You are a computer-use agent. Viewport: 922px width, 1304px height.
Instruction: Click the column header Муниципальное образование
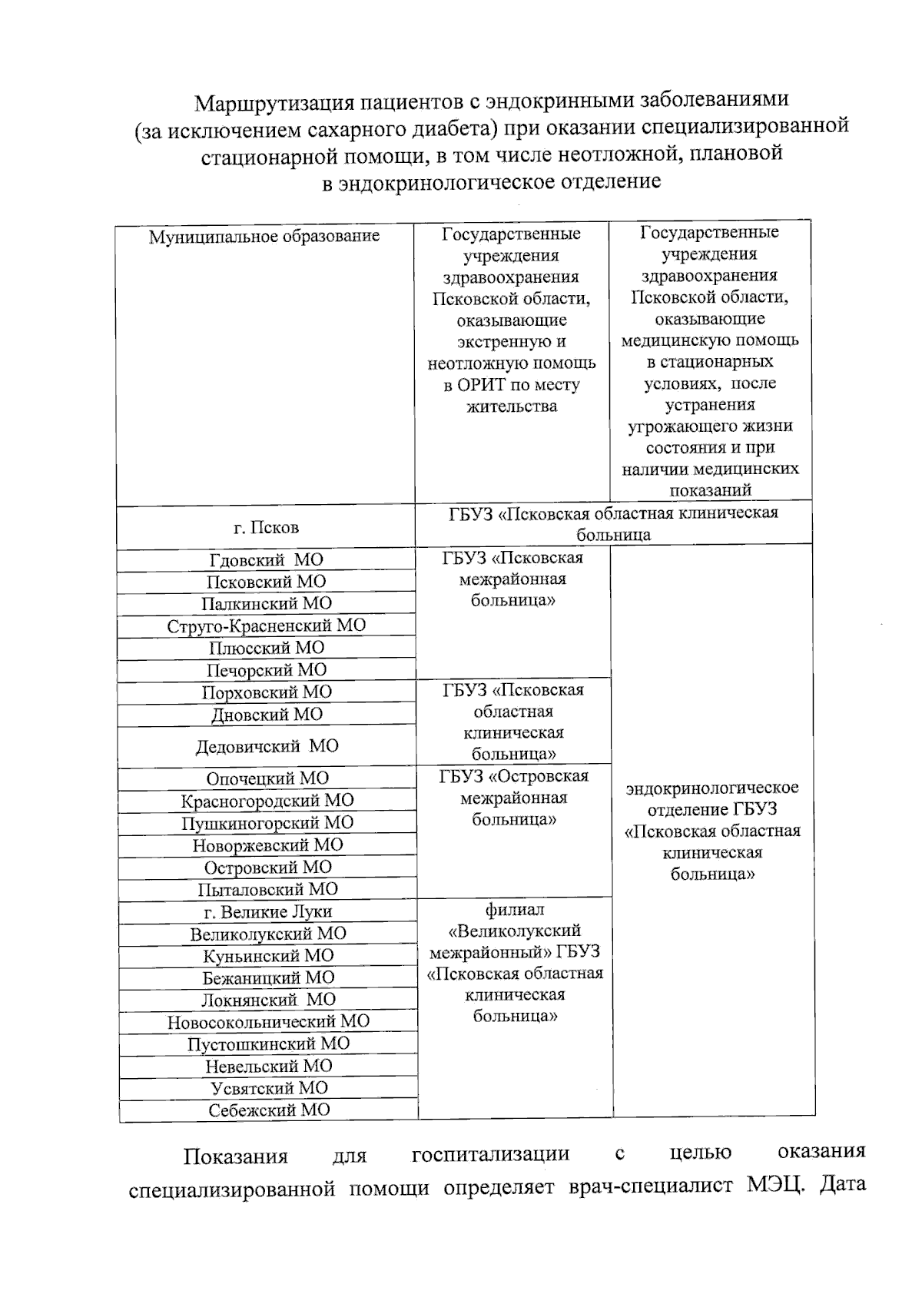tap(264, 236)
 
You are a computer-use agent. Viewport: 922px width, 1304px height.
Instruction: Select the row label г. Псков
tap(266, 528)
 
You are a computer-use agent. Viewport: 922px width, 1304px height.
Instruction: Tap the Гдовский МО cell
tap(266, 560)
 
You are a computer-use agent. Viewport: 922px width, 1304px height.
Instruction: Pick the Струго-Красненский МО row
tap(266, 625)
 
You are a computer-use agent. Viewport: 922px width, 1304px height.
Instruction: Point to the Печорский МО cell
tap(266, 670)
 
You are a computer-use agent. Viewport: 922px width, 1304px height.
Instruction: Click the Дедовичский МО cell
tap(266, 746)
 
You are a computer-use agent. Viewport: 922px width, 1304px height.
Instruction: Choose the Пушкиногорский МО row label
tap(267, 823)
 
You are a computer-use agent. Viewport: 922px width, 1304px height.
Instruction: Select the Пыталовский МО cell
tap(267, 889)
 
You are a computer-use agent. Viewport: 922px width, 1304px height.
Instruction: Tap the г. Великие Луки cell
tap(267, 912)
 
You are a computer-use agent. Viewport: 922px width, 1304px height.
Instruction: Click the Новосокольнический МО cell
tap(268, 1022)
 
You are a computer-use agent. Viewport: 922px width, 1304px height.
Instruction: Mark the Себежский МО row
tap(269, 1110)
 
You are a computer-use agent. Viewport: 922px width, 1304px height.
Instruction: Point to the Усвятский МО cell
tap(269, 1088)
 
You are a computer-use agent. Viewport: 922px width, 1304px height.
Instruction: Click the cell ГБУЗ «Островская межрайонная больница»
tap(514, 798)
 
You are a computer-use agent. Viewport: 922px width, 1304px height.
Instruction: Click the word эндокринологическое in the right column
tap(712, 788)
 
